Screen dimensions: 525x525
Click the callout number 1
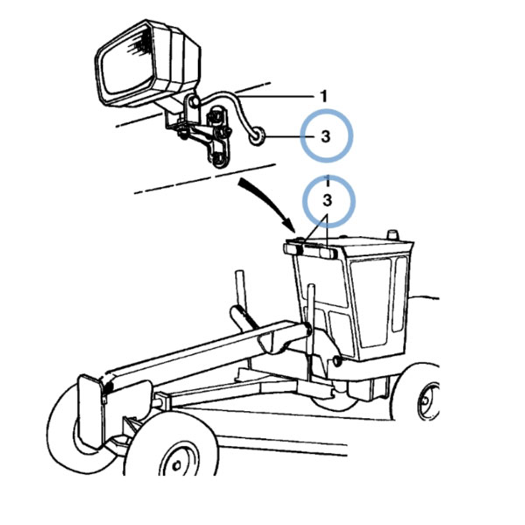(x=324, y=96)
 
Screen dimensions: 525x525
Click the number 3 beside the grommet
(x=325, y=136)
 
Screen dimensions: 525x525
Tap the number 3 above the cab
(x=327, y=200)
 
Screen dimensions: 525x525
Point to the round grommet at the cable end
(x=257, y=136)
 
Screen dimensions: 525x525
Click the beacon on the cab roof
(x=393, y=234)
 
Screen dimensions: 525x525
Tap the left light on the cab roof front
(x=293, y=249)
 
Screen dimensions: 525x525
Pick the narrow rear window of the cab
(x=401, y=294)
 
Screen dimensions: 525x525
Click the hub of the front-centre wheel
(x=176, y=465)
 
